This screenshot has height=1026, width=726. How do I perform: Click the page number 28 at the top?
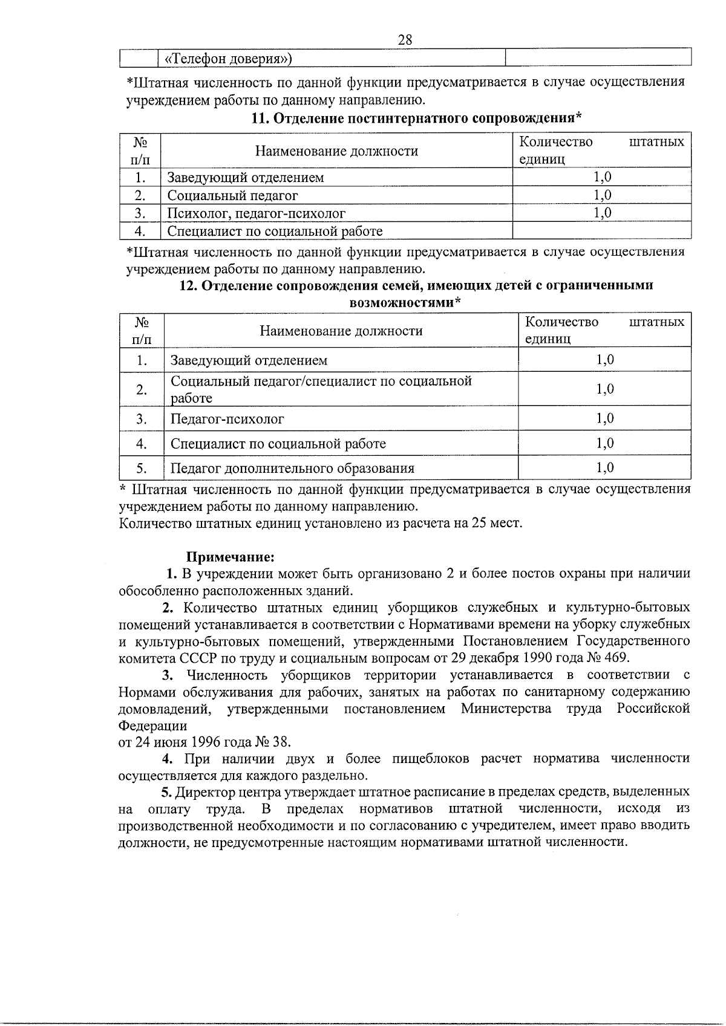click(405, 40)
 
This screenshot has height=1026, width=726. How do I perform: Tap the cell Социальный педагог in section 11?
click(232, 195)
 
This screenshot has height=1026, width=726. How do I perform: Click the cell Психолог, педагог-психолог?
click(257, 213)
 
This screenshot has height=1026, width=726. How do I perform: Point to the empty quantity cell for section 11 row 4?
click(601, 231)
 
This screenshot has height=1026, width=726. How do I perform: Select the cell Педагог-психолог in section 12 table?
click(227, 419)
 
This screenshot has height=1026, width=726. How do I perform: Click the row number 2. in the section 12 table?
click(142, 389)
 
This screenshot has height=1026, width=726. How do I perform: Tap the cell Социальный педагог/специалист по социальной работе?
click(321, 389)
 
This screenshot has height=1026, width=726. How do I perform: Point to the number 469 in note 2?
click(617, 658)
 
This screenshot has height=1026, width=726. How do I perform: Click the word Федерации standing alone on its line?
click(153, 725)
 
